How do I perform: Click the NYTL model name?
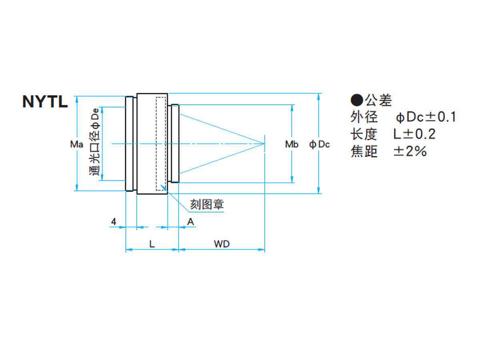45,102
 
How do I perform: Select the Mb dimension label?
292,144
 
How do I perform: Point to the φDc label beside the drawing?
320,144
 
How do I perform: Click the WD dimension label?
222,244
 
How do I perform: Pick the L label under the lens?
152,244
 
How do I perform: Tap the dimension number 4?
114,221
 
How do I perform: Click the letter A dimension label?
190,221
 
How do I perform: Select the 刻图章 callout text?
207,204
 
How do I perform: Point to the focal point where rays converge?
264,143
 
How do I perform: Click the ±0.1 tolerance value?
440,117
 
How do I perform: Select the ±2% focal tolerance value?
410,152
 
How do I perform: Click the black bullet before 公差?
356,100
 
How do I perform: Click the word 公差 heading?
378,100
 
